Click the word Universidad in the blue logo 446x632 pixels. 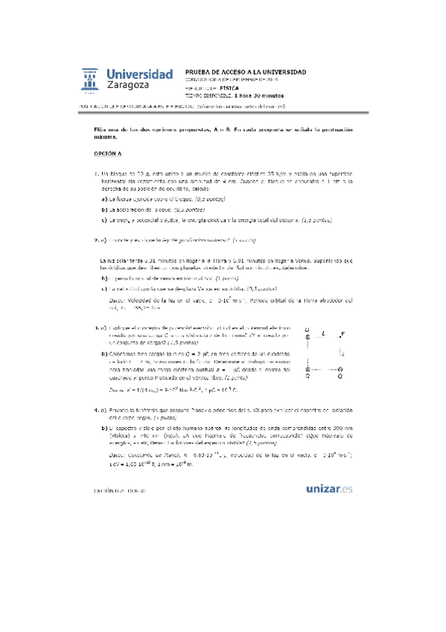click(x=139, y=74)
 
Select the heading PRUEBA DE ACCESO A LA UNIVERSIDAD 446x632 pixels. click(x=244, y=72)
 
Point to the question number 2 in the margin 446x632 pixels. click(x=96, y=241)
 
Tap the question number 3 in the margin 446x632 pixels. click(x=96, y=327)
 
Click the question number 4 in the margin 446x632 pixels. click(x=96, y=411)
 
